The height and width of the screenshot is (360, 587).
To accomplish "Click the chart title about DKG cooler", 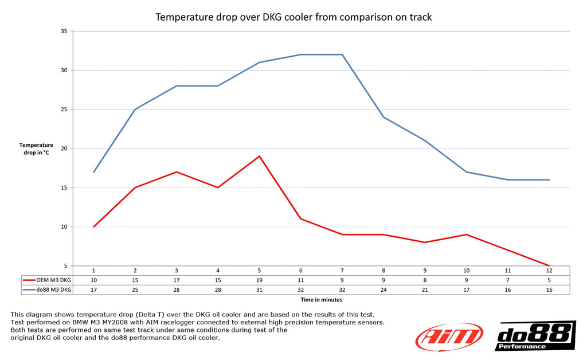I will pyautogui.click(x=293, y=17).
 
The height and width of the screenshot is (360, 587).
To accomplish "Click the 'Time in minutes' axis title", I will pyautogui.click(x=321, y=299).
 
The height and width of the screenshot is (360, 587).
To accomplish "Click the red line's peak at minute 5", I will pyautogui.click(x=259, y=156).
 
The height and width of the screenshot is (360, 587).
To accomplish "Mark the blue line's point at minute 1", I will pyautogui.click(x=93, y=172).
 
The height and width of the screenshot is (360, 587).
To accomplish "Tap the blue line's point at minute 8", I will pyautogui.click(x=383, y=117).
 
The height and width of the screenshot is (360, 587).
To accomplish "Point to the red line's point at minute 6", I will pyautogui.click(x=300, y=219).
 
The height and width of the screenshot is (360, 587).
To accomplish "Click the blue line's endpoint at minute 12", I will pyautogui.click(x=549, y=180).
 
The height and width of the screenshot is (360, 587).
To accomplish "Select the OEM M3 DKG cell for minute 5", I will pyautogui.click(x=259, y=280).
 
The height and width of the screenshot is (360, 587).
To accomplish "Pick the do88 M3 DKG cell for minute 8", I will pyautogui.click(x=383, y=289).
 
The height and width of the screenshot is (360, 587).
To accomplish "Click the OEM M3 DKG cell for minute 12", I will pyautogui.click(x=549, y=280).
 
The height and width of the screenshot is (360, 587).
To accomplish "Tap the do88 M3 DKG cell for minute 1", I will pyautogui.click(x=93, y=289).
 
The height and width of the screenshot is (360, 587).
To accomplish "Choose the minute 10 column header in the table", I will pyautogui.click(x=466, y=270).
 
